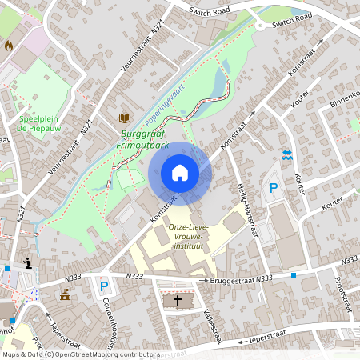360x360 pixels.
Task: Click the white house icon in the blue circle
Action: pos(180,173)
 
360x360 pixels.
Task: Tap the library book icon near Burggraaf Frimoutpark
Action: pos(125,118)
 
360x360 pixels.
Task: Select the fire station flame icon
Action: pos(9,46)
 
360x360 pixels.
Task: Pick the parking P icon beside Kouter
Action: pos(273,189)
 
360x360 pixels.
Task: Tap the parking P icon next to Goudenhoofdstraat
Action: pos(103,286)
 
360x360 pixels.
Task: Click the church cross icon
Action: pos(178,301)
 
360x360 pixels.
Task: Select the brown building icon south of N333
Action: pos(64,296)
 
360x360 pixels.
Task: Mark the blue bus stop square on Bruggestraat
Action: pos(294,275)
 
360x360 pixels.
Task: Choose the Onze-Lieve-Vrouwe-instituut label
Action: pos(188,238)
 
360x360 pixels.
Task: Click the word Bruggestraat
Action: pos(232,280)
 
